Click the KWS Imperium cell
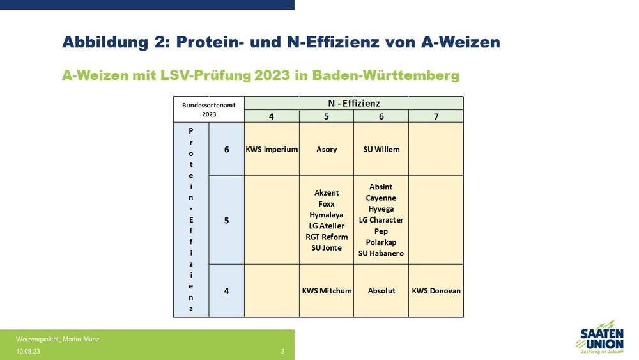point(272,150)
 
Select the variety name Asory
point(327,150)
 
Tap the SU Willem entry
point(381,150)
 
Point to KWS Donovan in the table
point(436,291)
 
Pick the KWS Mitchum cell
point(327,291)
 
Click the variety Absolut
point(381,291)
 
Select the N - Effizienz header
point(354,104)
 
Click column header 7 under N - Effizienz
point(436,116)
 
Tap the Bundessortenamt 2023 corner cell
point(209,110)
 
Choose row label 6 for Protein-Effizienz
point(227,150)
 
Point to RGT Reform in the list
point(327,237)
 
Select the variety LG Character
point(381,220)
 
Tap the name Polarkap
point(381,242)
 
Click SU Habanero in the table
point(381,254)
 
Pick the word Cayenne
point(381,198)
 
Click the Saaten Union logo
point(600,337)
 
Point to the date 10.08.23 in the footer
point(28,352)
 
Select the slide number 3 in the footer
point(283,352)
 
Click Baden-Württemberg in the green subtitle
point(385,75)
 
